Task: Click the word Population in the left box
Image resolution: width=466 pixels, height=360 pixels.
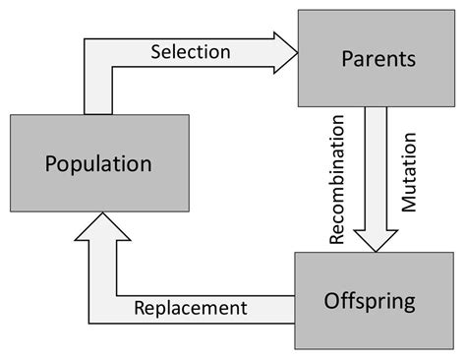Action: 98,162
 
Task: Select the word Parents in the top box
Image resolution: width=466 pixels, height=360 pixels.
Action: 379,59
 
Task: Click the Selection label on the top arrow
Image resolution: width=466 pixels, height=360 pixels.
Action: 191,51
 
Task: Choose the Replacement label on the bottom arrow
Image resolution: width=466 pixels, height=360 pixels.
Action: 192,308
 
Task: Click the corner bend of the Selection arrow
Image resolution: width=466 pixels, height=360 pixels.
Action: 98,55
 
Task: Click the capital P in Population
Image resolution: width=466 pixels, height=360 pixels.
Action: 51,162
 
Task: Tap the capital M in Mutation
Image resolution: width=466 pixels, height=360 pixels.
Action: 409,208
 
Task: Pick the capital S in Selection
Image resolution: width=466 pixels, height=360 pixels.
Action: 156,51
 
